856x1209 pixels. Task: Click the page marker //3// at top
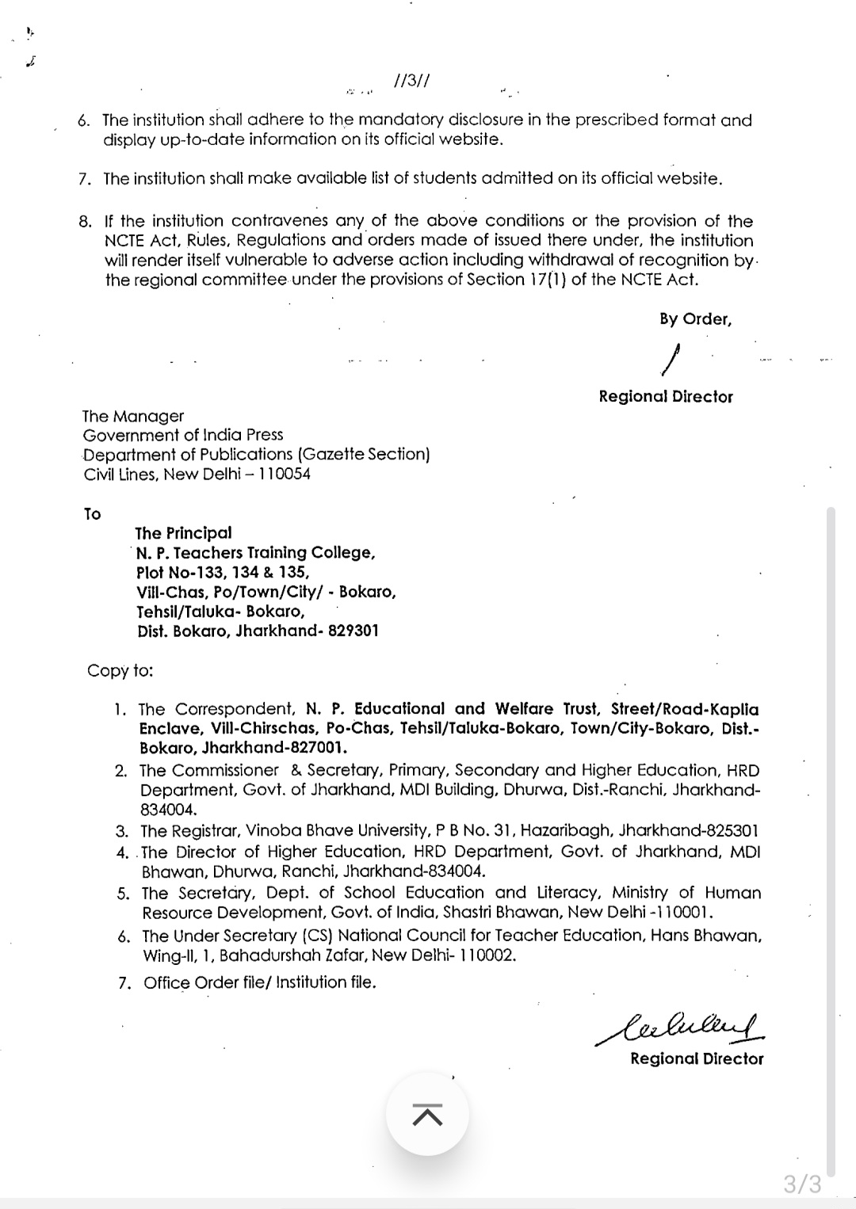tap(411, 82)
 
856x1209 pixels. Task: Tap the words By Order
tap(695, 319)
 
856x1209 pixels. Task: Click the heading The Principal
tap(183, 533)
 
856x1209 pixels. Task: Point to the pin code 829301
tap(353, 631)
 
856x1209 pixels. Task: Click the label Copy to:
tap(120, 670)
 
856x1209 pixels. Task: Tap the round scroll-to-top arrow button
tap(427, 1114)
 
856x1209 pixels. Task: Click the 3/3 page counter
tap(802, 1184)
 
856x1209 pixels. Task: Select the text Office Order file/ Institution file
tap(259, 983)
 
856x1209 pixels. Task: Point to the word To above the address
tap(92, 514)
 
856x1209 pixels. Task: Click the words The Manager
tap(132, 416)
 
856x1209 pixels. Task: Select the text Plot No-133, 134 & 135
tap(222, 572)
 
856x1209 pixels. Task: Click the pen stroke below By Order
tap(671, 359)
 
